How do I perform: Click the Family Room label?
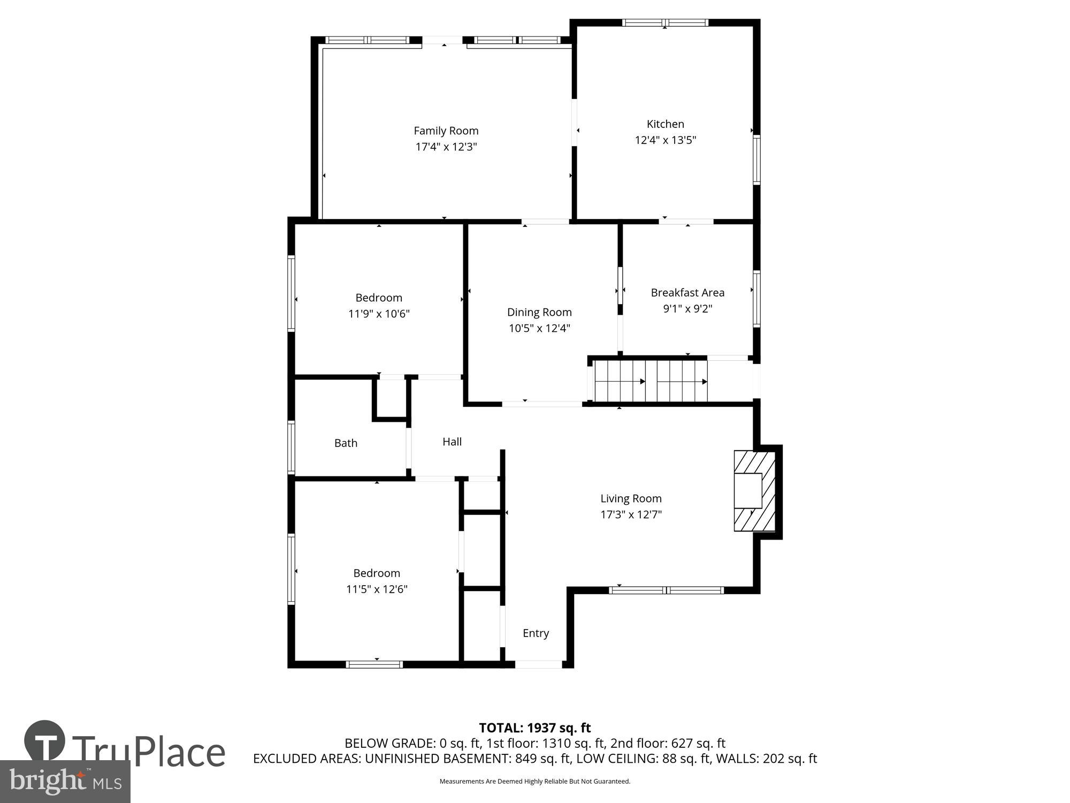tap(446, 131)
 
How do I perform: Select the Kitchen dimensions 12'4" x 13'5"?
tap(665, 140)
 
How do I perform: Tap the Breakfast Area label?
tap(687, 293)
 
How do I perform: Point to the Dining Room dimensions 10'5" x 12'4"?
tap(539, 328)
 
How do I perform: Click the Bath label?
tap(346, 443)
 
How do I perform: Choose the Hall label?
tap(452, 442)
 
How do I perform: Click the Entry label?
tap(536, 633)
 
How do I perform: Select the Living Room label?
tap(631, 498)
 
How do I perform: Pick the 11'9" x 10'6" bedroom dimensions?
tap(379, 314)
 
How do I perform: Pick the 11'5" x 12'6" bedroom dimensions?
tap(377, 589)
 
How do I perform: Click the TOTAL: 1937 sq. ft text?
tap(534, 728)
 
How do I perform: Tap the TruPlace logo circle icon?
tap(45, 741)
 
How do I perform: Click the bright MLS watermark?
tap(65, 782)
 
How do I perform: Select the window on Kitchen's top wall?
tap(665, 22)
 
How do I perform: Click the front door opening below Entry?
tap(538, 664)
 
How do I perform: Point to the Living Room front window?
tap(666, 590)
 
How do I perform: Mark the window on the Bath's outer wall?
tap(291, 448)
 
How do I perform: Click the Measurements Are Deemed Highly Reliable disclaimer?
tap(534, 782)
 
